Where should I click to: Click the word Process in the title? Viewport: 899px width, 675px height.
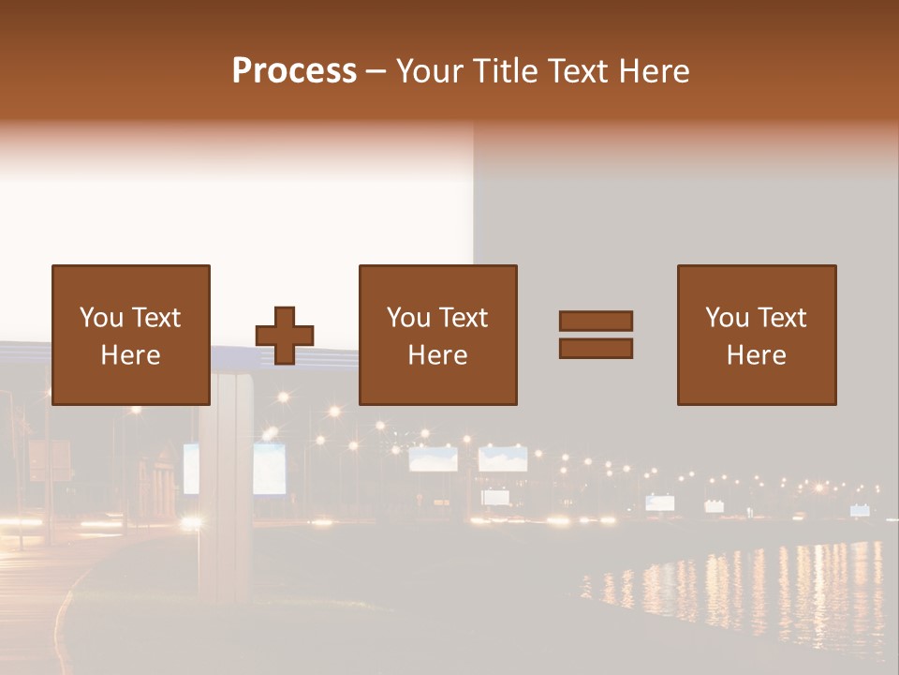coord(294,71)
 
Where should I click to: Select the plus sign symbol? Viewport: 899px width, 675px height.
coord(285,336)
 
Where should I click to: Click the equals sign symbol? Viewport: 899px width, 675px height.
coord(596,335)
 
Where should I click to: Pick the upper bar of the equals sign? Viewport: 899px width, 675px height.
coord(596,322)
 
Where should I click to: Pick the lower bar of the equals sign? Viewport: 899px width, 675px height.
coord(596,348)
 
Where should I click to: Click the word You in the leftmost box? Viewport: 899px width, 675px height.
coord(100,318)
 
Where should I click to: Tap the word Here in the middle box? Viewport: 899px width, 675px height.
coord(438,355)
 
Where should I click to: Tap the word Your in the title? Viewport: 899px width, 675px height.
coord(431,71)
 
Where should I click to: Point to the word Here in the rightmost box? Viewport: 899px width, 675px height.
coord(757,355)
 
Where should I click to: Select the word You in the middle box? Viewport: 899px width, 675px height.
coord(408,318)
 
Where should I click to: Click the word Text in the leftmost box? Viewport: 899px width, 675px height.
coord(155,318)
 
